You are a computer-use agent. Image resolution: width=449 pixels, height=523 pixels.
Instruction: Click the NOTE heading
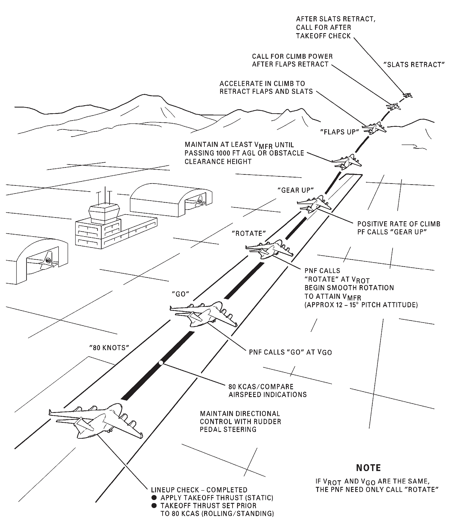point(368,468)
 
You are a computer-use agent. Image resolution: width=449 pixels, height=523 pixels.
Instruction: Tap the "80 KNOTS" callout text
point(109,348)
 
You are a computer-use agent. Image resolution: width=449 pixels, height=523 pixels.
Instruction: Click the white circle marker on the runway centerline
point(161,363)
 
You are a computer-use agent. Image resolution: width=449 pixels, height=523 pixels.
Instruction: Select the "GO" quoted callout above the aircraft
point(180,294)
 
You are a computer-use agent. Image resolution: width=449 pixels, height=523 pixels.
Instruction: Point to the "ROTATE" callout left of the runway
point(249,234)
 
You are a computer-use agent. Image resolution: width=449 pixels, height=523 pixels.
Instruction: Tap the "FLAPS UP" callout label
point(339,132)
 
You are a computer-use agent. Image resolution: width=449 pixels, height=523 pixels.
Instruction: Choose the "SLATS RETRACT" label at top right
point(414,65)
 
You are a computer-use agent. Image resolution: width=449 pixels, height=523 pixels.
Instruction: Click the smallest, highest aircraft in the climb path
point(407,95)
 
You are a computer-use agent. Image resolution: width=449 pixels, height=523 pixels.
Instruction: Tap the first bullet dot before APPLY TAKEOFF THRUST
point(154,498)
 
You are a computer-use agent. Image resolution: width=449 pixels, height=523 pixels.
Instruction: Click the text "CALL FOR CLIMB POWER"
point(292,56)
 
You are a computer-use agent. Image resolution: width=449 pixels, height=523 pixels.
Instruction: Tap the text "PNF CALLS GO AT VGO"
point(290,352)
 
